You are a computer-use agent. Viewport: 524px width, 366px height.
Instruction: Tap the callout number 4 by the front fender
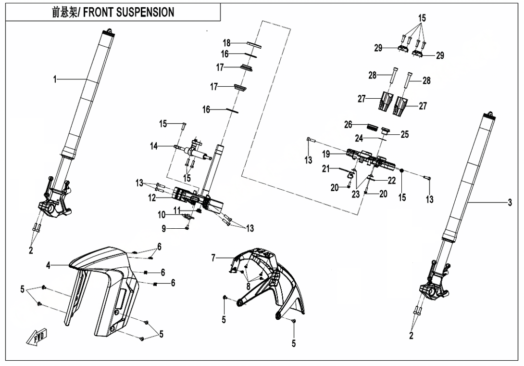pos(49,266)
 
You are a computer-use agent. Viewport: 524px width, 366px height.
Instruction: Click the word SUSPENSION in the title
pos(143,12)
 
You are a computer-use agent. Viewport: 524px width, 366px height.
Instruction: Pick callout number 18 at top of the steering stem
pos(226,43)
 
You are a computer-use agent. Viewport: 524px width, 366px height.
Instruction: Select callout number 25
pos(405,134)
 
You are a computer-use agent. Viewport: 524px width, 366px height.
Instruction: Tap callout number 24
pos(359,138)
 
